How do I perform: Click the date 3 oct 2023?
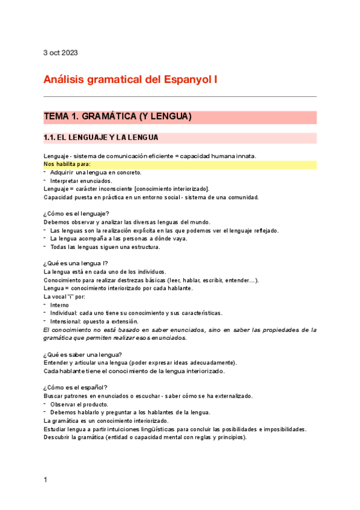(x=61, y=52)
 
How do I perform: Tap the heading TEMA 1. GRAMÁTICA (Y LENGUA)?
(x=117, y=117)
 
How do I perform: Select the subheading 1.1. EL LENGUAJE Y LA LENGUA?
(x=101, y=138)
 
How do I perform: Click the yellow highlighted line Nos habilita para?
(x=67, y=164)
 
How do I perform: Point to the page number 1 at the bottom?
(x=46, y=480)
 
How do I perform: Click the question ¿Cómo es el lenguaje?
(x=76, y=214)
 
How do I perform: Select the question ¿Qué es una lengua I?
(x=76, y=263)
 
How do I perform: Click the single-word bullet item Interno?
(x=59, y=305)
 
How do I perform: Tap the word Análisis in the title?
(x=64, y=79)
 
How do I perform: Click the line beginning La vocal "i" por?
(x=65, y=296)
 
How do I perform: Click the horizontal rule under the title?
(x=180, y=96)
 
